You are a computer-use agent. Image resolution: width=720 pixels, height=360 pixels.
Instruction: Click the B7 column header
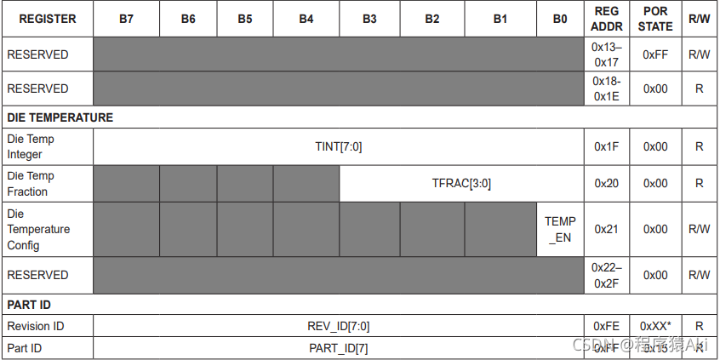click(126, 19)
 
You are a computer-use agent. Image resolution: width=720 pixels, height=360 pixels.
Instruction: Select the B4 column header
click(306, 19)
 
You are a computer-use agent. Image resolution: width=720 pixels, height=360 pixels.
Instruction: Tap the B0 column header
click(560, 19)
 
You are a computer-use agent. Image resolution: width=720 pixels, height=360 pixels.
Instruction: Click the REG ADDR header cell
click(607, 19)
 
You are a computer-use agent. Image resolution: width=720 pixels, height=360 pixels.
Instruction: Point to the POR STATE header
click(655, 19)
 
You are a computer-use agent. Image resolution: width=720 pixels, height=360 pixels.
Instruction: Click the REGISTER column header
click(47, 19)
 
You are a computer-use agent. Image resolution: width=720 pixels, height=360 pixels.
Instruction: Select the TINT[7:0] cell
click(338, 146)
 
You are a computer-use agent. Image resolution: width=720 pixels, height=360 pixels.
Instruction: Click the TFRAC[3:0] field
click(461, 183)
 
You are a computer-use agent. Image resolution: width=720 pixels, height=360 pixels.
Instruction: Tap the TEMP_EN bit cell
click(560, 229)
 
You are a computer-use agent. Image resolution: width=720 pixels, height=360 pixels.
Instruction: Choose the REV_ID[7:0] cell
click(338, 326)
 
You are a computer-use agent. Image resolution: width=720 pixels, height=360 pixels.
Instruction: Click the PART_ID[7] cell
click(338, 347)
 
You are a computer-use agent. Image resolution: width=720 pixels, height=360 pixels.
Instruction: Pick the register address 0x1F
click(607, 146)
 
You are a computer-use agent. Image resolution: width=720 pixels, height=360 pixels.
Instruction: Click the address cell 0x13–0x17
click(607, 54)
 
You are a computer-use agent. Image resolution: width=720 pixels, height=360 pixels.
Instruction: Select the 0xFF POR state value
click(655, 54)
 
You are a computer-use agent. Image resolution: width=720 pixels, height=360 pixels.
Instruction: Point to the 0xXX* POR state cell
click(655, 326)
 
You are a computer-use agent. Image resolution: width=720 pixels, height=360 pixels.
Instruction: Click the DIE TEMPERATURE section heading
click(60, 117)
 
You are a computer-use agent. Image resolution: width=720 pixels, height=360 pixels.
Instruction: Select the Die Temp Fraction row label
click(31, 183)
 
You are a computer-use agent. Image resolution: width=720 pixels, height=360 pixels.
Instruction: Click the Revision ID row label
click(36, 326)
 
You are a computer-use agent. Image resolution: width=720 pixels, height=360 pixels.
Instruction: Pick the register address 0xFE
click(607, 326)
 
